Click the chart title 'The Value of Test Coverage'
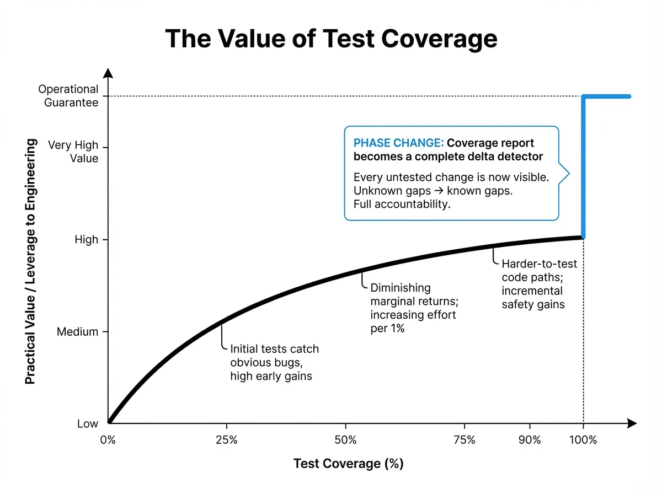pos(331,40)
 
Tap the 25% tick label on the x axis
pos(226,440)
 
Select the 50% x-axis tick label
pos(345,440)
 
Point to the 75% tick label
pos(465,440)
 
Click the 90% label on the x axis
pos(530,440)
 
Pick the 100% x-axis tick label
pos(583,440)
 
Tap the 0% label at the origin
pos(108,440)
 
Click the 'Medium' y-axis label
pos(78,332)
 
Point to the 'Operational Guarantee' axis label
pos(68,96)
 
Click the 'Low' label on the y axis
pos(87,423)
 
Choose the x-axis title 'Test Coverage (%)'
pos(348,464)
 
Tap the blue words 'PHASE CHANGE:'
pos(398,143)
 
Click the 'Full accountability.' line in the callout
pos(402,204)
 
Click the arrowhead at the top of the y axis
pos(109,73)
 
